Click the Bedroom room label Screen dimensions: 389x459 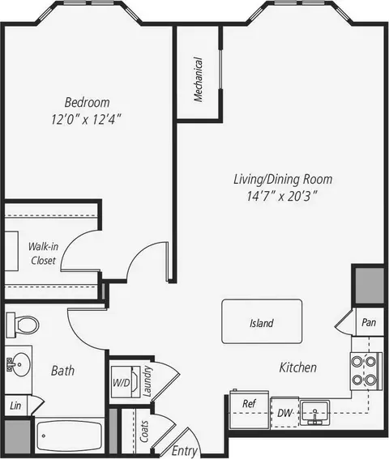pyautogui.click(x=87, y=103)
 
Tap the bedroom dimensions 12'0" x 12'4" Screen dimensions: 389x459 pyautogui.click(x=86, y=120)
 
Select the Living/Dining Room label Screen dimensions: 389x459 pyautogui.click(x=283, y=180)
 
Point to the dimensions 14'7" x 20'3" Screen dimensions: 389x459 pyautogui.click(x=282, y=196)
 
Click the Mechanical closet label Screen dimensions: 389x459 pyautogui.click(x=199, y=79)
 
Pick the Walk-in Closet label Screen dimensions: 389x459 pyautogui.click(x=44, y=253)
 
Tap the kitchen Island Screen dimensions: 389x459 pyautogui.click(x=262, y=321)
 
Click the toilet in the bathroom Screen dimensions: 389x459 pyautogui.click(x=23, y=325)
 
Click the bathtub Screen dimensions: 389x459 pyautogui.click(x=69, y=436)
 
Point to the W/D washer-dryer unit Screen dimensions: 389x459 pyautogui.click(x=126, y=382)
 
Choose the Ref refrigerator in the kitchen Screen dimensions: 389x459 pyautogui.click(x=249, y=410)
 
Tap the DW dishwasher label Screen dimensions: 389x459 pyautogui.click(x=285, y=413)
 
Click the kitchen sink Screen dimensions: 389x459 pyautogui.click(x=314, y=413)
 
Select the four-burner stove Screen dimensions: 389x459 pyautogui.click(x=366, y=371)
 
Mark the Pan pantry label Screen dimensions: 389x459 pyautogui.click(x=369, y=322)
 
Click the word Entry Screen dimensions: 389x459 pyautogui.click(x=185, y=451)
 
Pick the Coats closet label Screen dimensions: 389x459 pyautogui.click(x=144, y=431)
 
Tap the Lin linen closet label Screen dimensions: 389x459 pyautogui.click(x=15, y=406)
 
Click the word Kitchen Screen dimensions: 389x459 pyautogui.click(x=298, y=368)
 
